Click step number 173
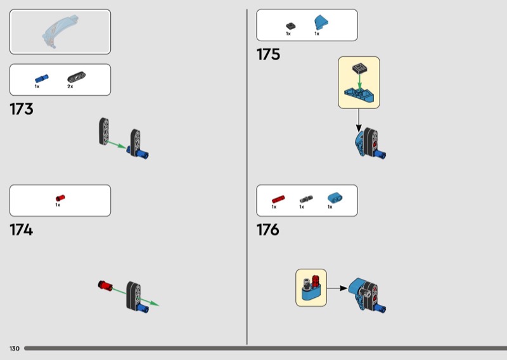point(22,109)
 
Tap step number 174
point(22,229)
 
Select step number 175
point(268,55)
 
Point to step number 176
point(268,229)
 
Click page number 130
point(14,349)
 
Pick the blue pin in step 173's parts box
point(37,79)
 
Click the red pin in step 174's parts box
point(60,198)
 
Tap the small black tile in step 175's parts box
point(291,25)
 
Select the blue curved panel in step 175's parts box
point(320,23)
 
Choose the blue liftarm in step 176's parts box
point(333,198)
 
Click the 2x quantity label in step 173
point(70,86)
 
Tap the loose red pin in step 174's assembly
point(105,285)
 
